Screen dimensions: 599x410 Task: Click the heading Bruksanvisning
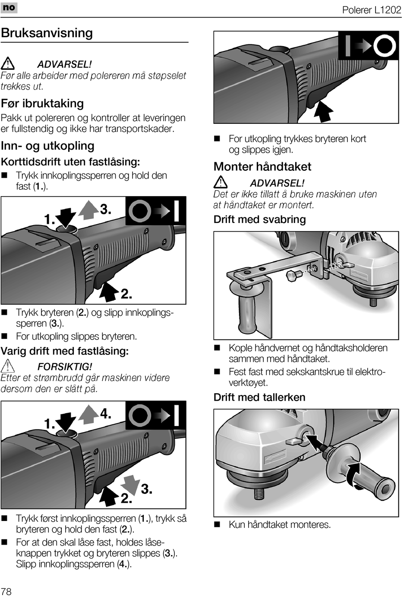(x=47, y=33)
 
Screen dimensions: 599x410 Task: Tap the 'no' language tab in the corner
(x=9, y=7)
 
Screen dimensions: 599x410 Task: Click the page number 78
(x=6, y=591)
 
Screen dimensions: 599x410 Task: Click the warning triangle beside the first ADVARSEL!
(x=7, y=64)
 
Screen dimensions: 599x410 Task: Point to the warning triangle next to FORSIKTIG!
(x=7, y=366)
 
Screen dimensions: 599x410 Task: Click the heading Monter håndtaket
(x=262, y=166)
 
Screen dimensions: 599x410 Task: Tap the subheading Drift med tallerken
(x=259, y=397)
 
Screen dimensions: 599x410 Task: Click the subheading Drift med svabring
(x=259, y=219)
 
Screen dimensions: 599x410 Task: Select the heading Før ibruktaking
(x=42, y=103)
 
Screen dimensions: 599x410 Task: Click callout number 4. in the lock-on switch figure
(x=106, y=414)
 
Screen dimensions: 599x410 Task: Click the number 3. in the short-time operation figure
(x=106, y=210)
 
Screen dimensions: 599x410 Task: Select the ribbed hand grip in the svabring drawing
(x=247, y=310)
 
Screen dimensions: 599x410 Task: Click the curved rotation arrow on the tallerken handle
(x=354, y=474)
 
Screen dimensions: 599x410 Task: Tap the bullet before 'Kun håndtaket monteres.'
(x=218, y=525)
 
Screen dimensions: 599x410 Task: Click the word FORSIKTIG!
(x=65, y=367)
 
